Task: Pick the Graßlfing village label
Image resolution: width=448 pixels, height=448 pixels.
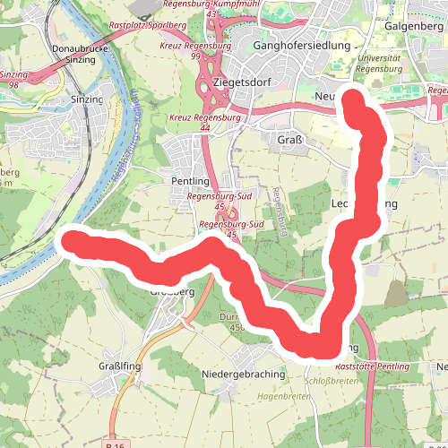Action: pos(116,367)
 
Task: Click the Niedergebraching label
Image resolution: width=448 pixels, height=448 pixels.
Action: pos(245,373)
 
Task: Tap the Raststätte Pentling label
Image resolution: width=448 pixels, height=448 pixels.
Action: pos(371,367)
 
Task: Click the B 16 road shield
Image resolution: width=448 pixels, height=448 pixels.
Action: pos(115,445)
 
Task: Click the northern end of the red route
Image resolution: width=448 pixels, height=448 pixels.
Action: pos(351,101)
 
